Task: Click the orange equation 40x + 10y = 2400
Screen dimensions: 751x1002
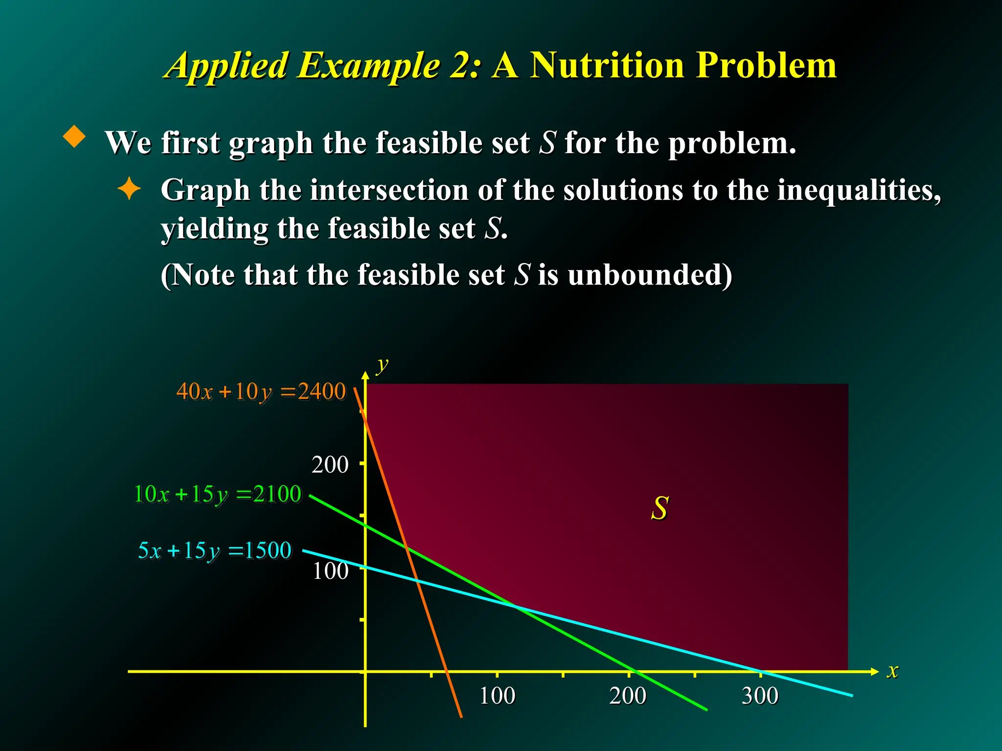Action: tap(261, 392)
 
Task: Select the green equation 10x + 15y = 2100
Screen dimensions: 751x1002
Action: tap(218, 494)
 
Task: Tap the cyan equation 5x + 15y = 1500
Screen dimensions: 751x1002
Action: tap(215, 551)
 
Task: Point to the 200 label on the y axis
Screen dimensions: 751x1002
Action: tap(330, 464)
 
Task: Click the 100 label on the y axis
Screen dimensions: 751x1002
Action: tap(330, 571)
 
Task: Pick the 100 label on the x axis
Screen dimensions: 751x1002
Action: tap(497, 696)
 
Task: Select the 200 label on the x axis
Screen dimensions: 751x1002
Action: tap(628, 696)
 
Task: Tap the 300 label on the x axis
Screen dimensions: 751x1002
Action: tap(760, 696)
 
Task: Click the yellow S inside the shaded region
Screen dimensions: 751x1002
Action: tap(660, 508)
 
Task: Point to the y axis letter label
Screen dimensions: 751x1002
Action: tap(382, 364)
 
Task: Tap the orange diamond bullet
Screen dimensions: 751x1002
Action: tap(74, 136)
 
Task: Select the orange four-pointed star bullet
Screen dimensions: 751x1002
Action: tap(129, 189)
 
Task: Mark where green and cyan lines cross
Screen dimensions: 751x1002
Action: tap(515, 607)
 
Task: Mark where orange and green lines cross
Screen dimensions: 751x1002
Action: tap(407, 547)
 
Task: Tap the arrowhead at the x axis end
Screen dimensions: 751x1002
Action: tap(874, 671)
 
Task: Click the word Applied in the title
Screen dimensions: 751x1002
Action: tap(228, 66)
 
